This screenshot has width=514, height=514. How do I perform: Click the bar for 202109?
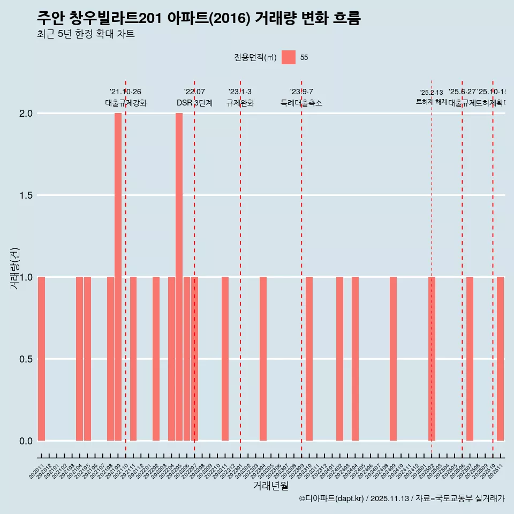coord(118,277)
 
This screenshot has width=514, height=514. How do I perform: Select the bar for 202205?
coord(179,277)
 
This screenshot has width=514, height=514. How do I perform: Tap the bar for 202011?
coord(41,359)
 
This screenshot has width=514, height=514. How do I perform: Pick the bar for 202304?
coord(263,359)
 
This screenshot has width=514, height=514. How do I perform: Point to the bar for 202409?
coord(393,359)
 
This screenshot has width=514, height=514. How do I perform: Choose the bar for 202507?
coord(470,359)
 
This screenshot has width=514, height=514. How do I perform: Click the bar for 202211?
coord(225,359)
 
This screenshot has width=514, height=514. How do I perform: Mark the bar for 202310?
coord(309,359)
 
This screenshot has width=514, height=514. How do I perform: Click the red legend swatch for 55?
coord(289,57)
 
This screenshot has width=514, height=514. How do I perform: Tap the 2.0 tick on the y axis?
coord(26,114)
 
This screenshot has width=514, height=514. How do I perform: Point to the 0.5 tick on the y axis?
coord(26,359)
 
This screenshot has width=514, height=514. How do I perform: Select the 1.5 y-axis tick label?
coord(26,195)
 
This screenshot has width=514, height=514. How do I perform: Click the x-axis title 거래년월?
coord(270,486)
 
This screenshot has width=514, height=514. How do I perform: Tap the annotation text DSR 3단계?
coord(194,103)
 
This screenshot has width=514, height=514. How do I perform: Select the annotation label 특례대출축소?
coord(301,103)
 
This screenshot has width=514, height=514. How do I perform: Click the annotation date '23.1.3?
coord(240,92)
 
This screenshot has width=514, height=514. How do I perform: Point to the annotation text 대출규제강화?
coord(125,103)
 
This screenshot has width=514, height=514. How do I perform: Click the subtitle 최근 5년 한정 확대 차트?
coord(86,34)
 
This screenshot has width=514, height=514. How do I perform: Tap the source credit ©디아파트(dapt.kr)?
coord(331,498)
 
